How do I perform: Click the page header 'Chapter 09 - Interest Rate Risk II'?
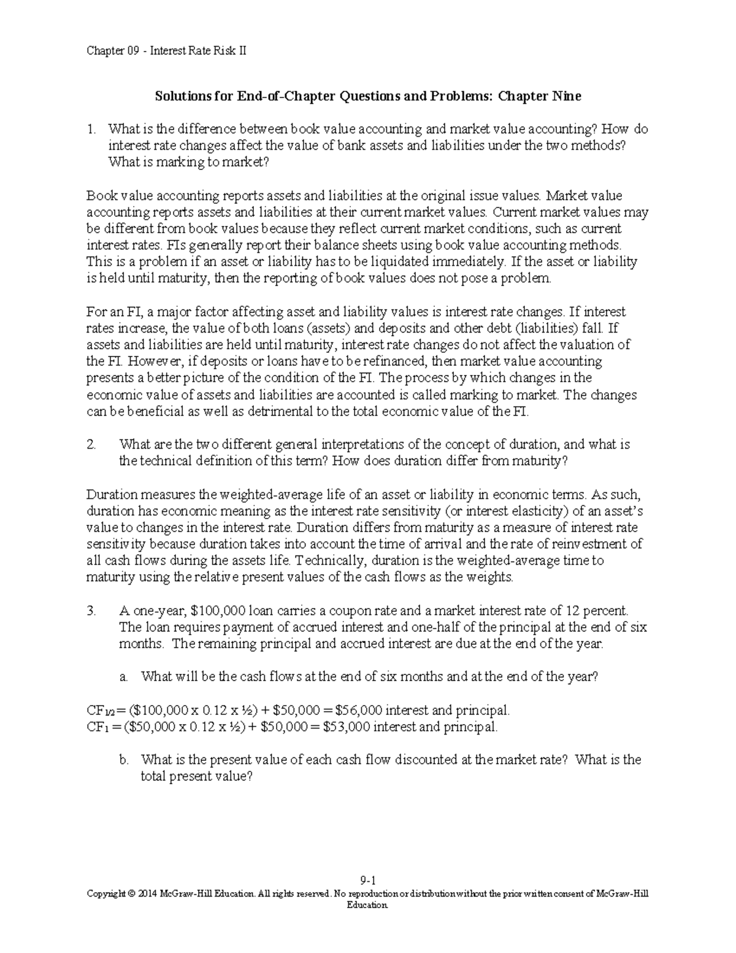166,51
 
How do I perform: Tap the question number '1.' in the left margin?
91,129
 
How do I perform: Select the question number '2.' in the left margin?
91,444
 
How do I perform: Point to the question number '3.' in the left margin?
91,611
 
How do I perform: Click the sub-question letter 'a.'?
124,677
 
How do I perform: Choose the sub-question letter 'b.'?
124,760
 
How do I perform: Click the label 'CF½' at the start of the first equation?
100,711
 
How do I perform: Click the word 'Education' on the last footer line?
368,905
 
